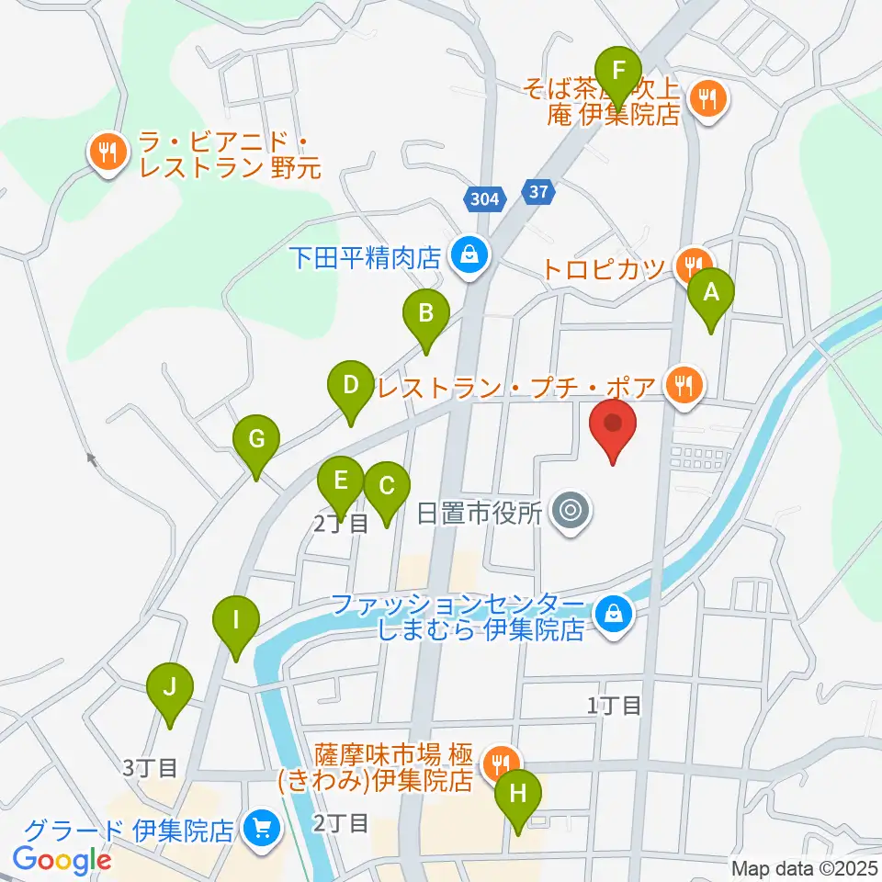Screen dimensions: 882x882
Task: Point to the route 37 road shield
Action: pyautogui.click(x=539, y=192)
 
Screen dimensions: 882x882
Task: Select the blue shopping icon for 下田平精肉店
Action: pyautogui.click(x=469, y=254)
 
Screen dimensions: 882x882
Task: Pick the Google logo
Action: pyautogui.click(x=62, y=860)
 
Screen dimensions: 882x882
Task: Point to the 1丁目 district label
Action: pyautogui.click(x=615, y=706)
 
